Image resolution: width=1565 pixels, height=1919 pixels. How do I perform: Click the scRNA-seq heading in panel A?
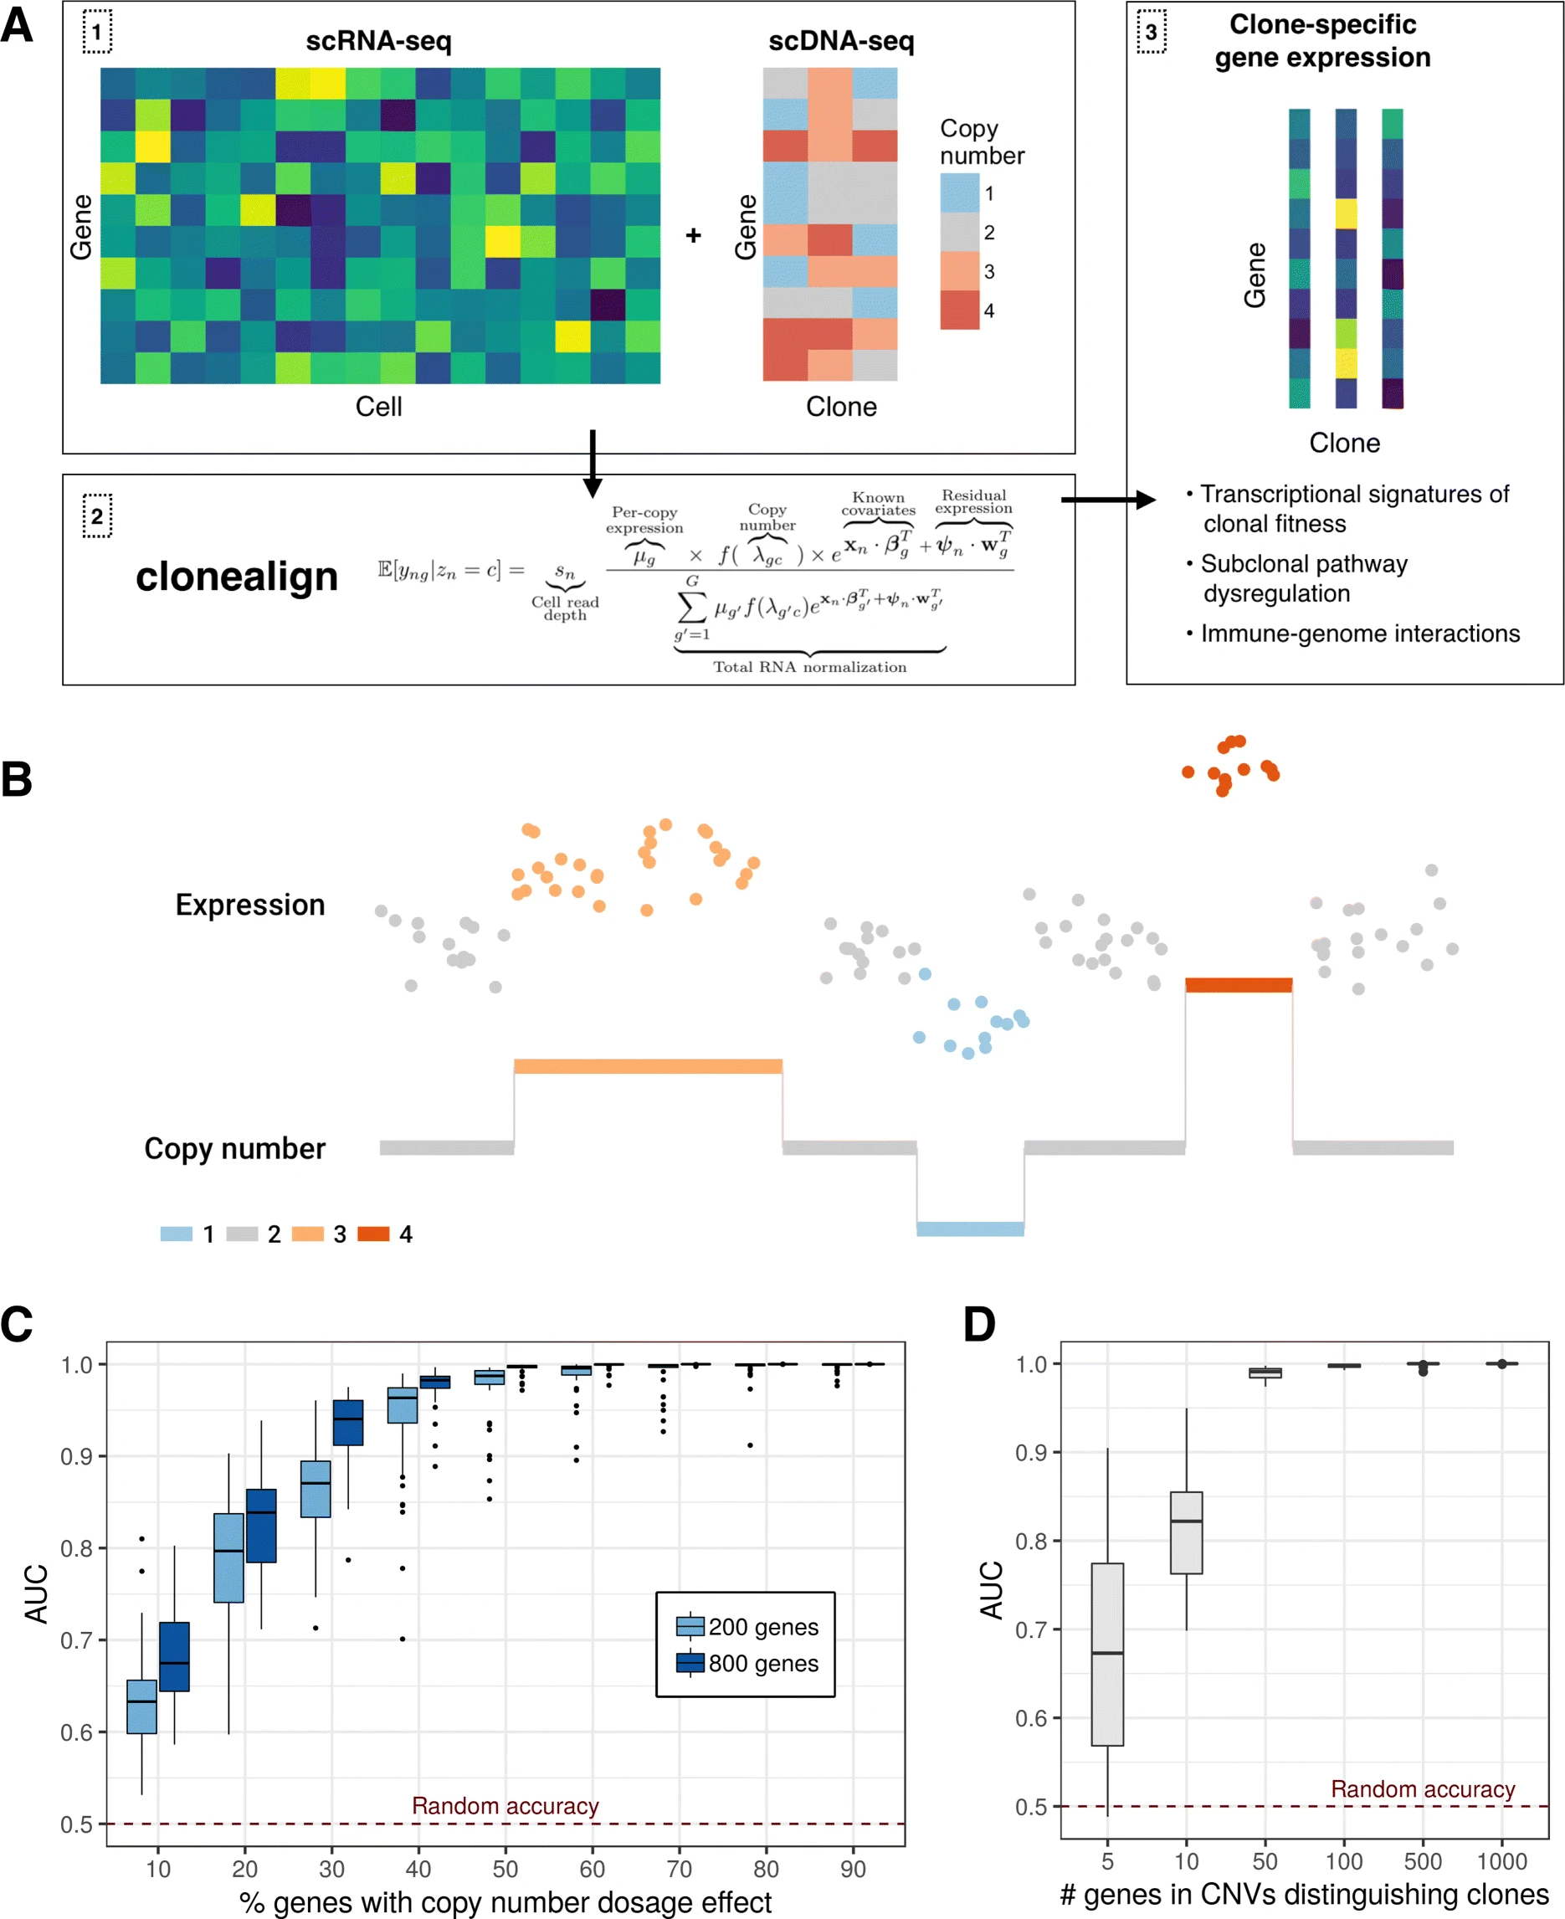click(377, 42)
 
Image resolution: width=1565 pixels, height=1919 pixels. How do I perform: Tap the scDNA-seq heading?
click(840, 42)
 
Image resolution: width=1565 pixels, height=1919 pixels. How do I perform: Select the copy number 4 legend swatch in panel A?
click(959, 310)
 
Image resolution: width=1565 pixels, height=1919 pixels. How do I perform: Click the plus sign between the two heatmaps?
click(692, 235)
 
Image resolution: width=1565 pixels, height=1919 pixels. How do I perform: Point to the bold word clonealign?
click(236, 576)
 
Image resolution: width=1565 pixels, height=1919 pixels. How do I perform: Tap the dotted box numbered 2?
click(97, 516)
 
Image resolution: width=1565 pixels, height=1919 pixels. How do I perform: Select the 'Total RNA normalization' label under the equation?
click(808, 667)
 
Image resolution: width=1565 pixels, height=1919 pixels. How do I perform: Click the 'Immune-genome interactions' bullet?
click(1358, 634)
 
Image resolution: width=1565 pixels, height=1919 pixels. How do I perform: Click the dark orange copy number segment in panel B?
click(1238, 985)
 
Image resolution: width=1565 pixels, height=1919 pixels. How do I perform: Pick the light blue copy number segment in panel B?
click(969, 1229)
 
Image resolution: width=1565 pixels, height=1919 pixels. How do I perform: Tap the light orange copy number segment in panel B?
click(647, 1066)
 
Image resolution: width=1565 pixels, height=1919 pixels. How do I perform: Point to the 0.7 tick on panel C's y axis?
click(77, 1639)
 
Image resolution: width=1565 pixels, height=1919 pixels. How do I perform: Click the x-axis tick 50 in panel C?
click(505, 1869)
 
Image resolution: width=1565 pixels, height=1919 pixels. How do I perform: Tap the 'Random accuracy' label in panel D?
click(1422, 1789)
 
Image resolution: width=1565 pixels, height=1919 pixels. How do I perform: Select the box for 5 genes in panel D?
click(1107, 1654)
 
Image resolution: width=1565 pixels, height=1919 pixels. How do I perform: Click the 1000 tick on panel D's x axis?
click(1501, 1861)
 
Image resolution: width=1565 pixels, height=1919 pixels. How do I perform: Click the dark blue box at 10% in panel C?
click(174, 1657)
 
